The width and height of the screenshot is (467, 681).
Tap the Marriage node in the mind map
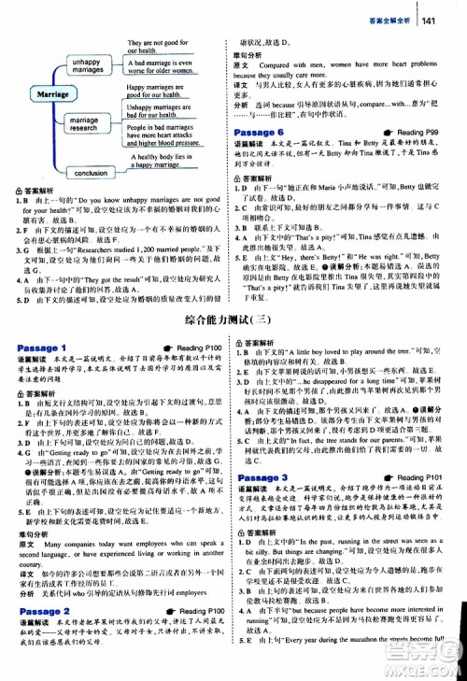coord(48,94)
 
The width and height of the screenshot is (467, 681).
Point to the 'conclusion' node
coord(90,173)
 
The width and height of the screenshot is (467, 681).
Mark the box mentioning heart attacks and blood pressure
coord(171,136)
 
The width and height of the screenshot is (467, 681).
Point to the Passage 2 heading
coord(42,611)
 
